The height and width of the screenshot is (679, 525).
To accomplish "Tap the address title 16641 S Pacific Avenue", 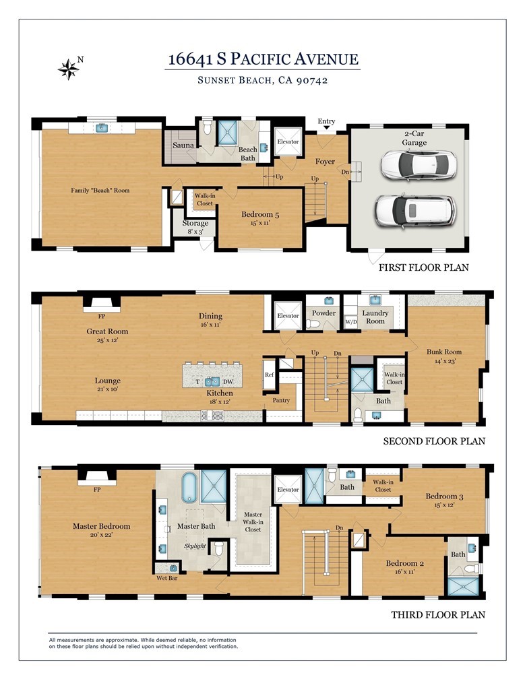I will [263, 59].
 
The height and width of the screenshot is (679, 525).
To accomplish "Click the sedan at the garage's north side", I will [418, 164].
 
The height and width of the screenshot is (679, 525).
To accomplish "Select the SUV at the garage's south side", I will [415, 211].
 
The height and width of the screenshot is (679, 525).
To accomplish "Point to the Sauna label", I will [183, 145].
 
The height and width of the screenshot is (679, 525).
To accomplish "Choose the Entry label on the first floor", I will [326, 122].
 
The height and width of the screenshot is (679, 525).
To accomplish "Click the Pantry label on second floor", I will [281, 401].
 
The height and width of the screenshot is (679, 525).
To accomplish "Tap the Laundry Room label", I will [375, 317].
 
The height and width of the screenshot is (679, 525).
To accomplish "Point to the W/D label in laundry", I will [350, 321].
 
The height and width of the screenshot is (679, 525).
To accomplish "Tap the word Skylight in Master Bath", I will [195, 546].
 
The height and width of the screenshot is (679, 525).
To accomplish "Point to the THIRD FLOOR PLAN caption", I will [438, 614].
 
